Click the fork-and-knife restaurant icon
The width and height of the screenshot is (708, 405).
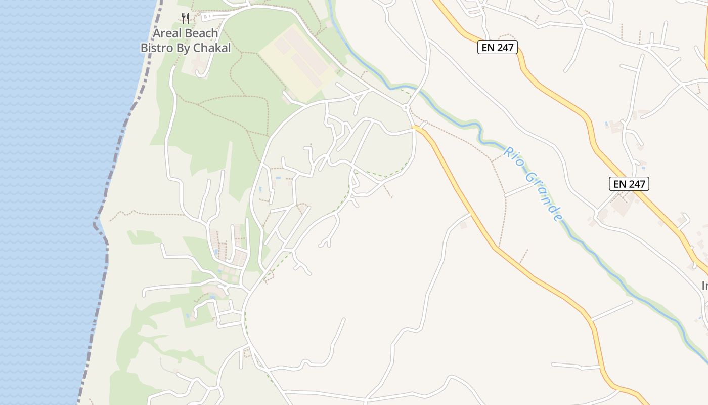[186, 18]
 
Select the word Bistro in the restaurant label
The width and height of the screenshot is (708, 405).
[157, 48]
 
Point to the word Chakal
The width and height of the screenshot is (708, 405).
[213, 48]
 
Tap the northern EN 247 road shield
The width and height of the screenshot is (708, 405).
[497, 48]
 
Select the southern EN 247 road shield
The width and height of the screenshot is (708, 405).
[629, 184]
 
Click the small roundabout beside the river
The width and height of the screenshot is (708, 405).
[406, 107]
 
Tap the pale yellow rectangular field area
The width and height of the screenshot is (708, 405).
[298, 63]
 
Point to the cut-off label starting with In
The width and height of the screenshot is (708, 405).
[704, 286]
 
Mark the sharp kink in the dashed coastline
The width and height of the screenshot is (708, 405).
[96, 223]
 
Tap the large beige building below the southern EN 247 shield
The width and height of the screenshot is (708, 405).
[621, 205]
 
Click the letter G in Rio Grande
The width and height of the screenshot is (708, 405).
[530, 178]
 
